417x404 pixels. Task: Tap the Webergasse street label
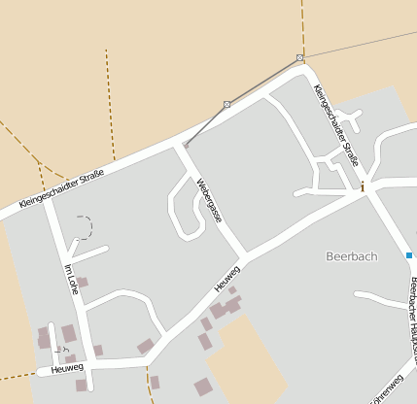point(209,199)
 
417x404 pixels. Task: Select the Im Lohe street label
point(70,279)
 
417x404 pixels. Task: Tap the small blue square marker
point(409,255)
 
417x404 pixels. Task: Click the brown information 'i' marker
point(363,185)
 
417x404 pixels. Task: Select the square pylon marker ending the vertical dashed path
point(300,58)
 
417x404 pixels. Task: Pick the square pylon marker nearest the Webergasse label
point(227,103)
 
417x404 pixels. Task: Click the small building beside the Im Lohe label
point(83,283)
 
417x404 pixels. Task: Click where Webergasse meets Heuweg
point(244,257)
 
